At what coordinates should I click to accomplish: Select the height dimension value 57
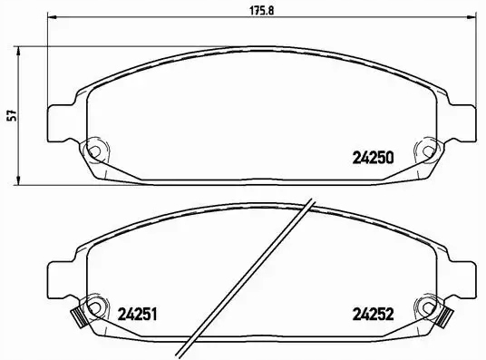click(x=11, y=115)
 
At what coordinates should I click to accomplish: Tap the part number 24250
click(x=371, y=156)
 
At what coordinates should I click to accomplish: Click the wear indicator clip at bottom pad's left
click(x=77, y=318)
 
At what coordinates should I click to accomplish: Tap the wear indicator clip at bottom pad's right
click(x=444, y=318)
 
